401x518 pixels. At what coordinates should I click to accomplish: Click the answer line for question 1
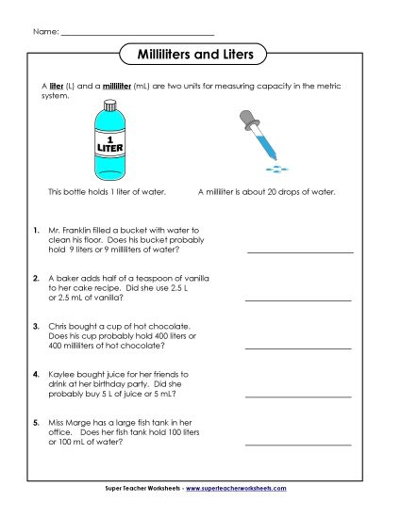tap(298, 252)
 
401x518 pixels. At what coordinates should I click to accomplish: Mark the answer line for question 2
tap(298, 299)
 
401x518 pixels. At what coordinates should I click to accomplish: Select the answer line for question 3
tap(298, 348)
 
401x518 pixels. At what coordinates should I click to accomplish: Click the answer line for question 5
tap(298, 444)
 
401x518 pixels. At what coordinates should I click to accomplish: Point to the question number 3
tap(34, 325)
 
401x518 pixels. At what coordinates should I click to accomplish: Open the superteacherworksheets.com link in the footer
tap(242, 489)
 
